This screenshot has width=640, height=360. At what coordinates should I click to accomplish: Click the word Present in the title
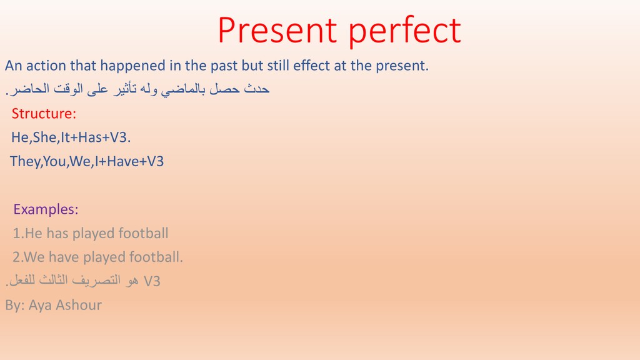pyautogui.click(x=277, y=30)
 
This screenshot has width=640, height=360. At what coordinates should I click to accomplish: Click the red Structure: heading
pyautogui.click(x=44, y=114)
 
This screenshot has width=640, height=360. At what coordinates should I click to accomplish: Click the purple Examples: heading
pyautogui.click(x=46, y=210)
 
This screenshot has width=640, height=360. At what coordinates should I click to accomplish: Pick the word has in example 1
pyautogui.click(x=57, y=233)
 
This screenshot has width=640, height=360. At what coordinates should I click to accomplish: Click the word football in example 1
pyautogui.click(x=143, y=233)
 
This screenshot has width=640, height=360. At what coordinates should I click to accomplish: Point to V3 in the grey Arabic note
pyautogui.click(x=152, y=281)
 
